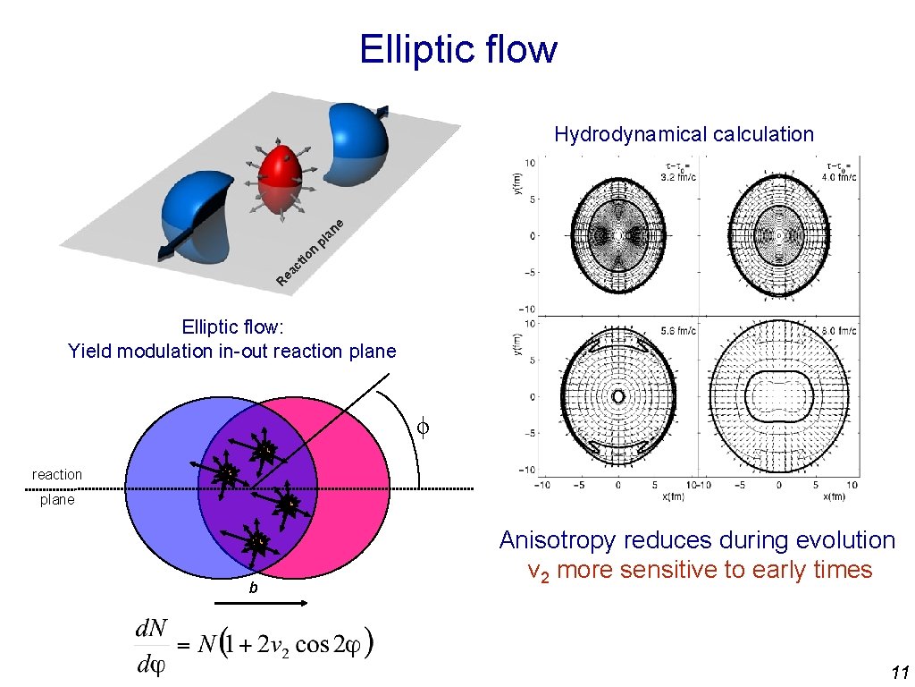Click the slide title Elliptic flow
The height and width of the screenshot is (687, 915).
(457, 49)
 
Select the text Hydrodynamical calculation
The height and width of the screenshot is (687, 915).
(684, 135)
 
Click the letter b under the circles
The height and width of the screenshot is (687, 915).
(254, 589)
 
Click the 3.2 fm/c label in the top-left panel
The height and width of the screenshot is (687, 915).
(681, 177)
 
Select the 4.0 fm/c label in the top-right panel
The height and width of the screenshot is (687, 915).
(841, 177)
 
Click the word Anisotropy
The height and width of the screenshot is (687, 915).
(559, 541)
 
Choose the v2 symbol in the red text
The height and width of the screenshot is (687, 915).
(538, 571)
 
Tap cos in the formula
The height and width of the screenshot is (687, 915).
(313, 647)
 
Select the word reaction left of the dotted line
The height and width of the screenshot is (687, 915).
(57, 475)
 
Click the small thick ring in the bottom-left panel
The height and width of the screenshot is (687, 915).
(617, 395)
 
